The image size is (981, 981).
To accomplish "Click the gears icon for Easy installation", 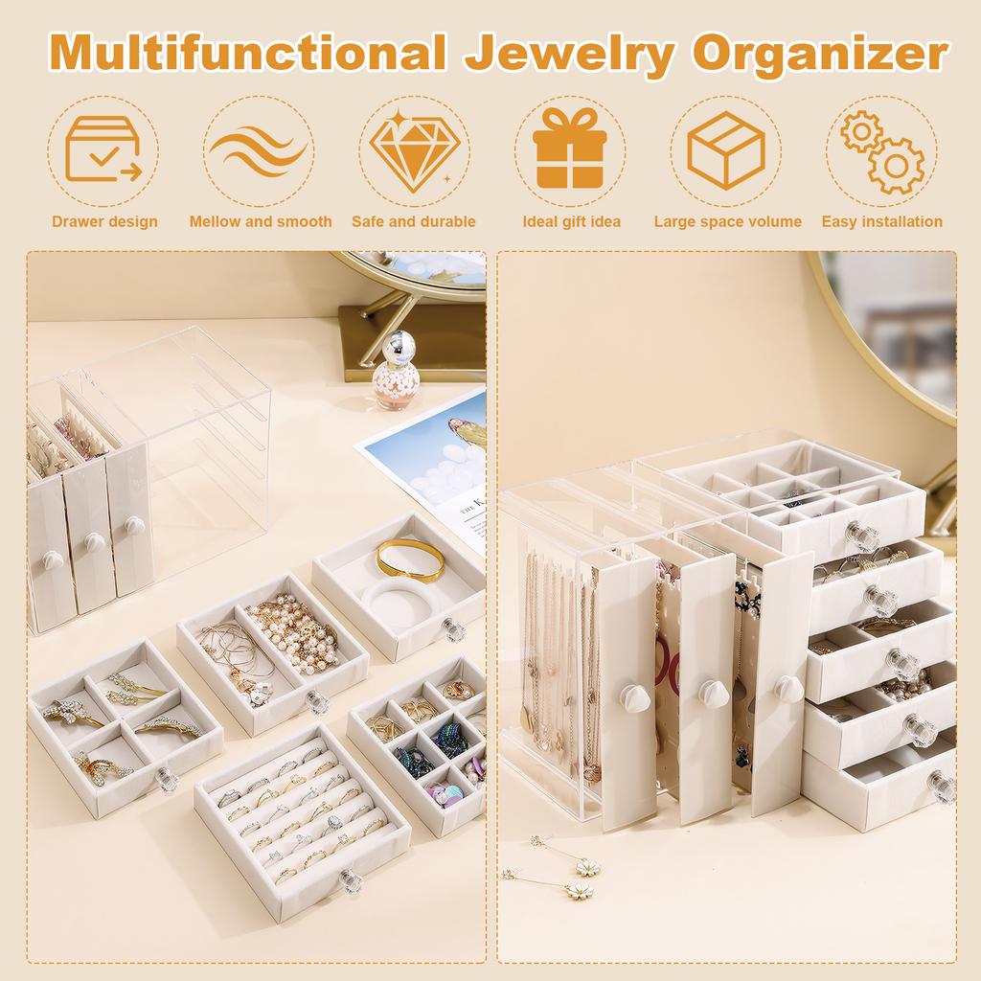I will [x=881, y=150].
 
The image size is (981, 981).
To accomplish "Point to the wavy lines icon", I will [x=259, y=150].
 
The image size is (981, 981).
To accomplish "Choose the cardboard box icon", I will [x=725, y=150].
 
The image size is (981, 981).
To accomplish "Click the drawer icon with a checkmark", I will [x=103, y=150].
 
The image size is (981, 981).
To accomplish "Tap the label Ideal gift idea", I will [x=571, y=222].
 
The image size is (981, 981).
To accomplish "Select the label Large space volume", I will [x=727, y=222].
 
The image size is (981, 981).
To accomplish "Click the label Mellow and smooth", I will [x=261, y=222].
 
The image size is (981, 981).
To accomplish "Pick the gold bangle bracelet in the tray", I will [x=410, y=559].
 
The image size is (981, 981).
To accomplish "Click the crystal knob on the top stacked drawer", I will [x=861, y=536].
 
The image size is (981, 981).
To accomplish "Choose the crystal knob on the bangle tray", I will [x=452, y=630].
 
